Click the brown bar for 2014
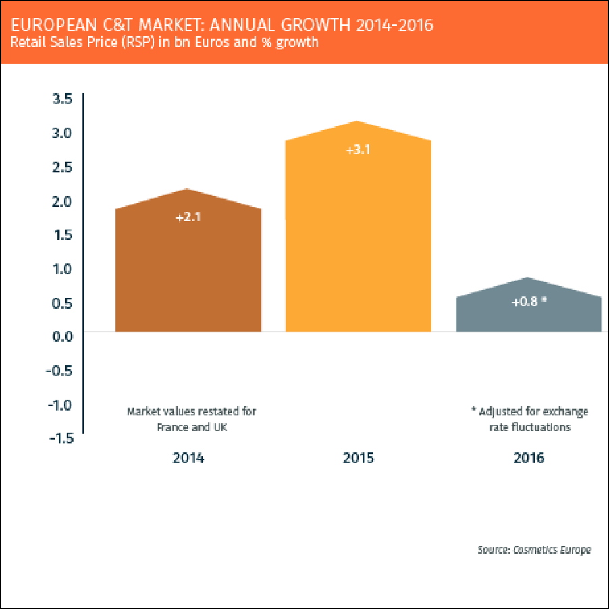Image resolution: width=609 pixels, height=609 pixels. point(188,270)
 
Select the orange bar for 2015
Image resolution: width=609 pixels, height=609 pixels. point(359,243)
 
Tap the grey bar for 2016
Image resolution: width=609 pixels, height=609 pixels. point(529,315)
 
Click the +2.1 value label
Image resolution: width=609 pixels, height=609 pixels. point(188,218)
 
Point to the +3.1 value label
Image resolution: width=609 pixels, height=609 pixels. point(359,150)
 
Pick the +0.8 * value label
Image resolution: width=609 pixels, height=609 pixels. point(529,302)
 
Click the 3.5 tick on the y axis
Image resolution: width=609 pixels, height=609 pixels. point(62,99)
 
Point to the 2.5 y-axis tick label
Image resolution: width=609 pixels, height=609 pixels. point(62,167)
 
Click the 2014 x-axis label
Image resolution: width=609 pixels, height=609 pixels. point(188,458)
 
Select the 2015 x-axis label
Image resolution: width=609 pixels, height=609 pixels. point(359,458)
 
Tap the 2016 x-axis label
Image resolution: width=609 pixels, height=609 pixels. point(529,458)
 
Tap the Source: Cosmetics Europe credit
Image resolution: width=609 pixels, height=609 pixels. point(534,550)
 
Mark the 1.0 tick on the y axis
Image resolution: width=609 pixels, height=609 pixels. point(62,269)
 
